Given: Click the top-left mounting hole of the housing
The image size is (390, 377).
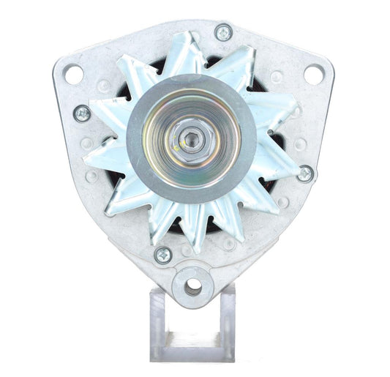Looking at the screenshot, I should point(73,74).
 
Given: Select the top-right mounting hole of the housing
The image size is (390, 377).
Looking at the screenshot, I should point(312,74).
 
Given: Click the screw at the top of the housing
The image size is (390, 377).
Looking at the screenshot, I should point(223,33).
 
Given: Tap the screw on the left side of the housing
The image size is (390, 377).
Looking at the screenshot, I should point(82,113).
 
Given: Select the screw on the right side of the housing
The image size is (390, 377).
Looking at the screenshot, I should point(304,173).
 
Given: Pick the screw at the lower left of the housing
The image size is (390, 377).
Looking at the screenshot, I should point(163,254).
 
